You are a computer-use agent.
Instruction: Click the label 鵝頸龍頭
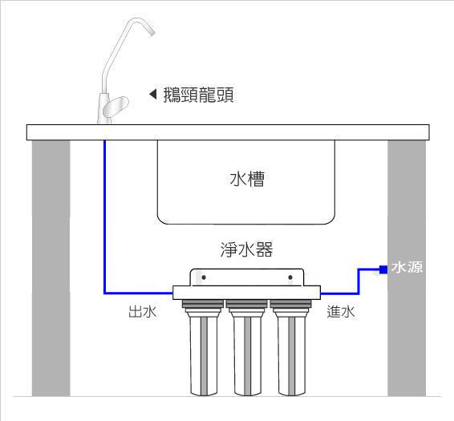[198, 95]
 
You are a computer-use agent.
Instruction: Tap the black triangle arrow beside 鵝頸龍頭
[152, 94]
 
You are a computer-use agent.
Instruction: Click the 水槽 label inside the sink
[247, 179]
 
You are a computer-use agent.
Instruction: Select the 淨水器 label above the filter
[246, 249]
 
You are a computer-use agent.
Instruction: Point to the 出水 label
[143, 312]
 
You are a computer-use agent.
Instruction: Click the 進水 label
[341, 312]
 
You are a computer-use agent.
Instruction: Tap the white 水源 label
[407, 267]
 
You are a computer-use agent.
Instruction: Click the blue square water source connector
[383, 270]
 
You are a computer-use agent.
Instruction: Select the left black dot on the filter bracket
[204, 277]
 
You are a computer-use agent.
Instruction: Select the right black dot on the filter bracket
[290, 277]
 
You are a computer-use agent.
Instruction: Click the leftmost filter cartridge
[204, 348]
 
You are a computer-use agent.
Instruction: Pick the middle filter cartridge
[247, 348]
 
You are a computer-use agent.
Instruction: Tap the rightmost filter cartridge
[291, 348]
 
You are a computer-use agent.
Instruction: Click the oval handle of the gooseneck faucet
[116, 106]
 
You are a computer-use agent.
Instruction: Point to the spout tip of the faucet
[152, 32]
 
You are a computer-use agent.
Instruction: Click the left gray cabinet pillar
[51, 268]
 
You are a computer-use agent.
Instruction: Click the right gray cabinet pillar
[407, 268]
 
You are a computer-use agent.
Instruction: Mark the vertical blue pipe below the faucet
[105, 217]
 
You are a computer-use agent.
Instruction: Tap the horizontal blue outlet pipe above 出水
[139, 293]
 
